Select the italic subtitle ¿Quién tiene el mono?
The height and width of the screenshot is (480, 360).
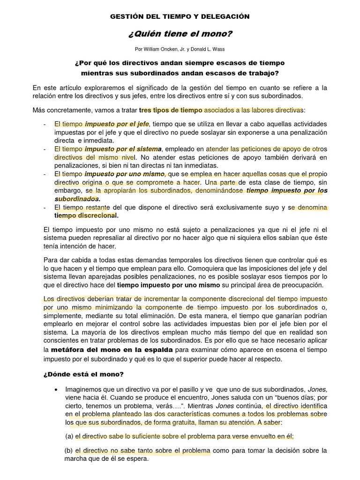(x=180, y=34)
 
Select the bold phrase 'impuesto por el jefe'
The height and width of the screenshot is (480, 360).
(x=117, y=124)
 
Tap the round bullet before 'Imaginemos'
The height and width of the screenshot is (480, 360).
(x=56, y=390)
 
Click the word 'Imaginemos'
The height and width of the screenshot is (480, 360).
(x=83, y=390)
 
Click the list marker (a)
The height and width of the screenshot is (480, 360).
(x=69, y=436)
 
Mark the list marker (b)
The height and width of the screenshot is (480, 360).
(x=68, y=451)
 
